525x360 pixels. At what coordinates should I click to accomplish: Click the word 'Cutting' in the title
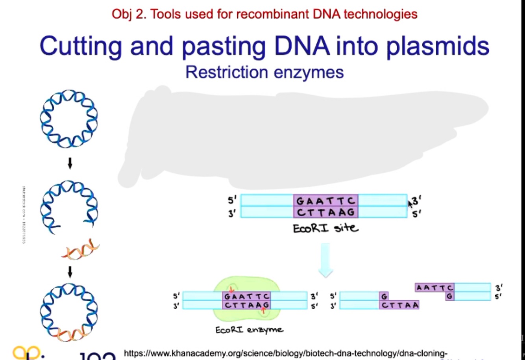81,46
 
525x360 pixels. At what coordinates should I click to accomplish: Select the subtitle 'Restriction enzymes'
264,72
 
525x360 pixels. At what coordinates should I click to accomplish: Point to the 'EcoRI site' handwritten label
325,228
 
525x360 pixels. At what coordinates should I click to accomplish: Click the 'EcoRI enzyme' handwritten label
249,329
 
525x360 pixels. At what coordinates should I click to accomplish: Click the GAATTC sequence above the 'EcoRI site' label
325,201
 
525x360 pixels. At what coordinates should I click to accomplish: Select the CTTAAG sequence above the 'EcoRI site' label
325,212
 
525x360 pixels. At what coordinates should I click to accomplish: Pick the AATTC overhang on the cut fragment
434,288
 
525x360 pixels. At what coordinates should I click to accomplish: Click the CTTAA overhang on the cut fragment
399,305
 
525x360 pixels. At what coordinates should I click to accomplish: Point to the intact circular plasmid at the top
69,119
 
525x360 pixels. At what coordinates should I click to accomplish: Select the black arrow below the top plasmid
70,163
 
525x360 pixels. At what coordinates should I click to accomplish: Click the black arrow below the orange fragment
70,271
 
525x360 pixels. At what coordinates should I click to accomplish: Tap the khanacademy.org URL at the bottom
285,353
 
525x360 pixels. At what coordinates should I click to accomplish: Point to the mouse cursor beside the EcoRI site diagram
410,204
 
